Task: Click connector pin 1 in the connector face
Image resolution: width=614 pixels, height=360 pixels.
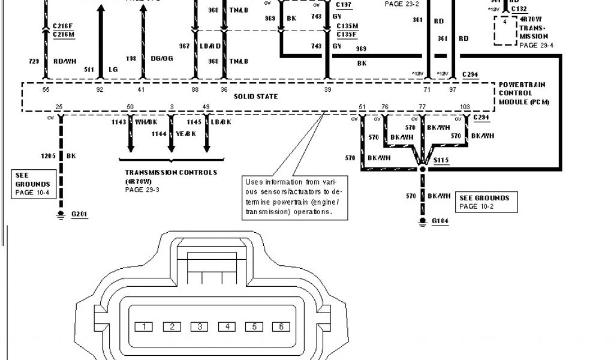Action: coord(144,327)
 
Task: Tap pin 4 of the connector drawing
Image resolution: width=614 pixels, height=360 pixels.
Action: coord(227,327)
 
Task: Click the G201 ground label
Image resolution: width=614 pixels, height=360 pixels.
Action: coord(79,213)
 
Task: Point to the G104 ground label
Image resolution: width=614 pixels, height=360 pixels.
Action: coord(441,221)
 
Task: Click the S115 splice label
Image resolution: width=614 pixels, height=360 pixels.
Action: coord(442,160)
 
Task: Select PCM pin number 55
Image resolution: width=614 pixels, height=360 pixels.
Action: coord(46,89)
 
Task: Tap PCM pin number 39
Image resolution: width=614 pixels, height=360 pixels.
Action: coord(327,89)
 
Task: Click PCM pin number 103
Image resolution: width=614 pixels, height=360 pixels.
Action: coord(464,106)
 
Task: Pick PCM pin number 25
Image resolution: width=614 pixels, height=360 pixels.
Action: coord(59,106)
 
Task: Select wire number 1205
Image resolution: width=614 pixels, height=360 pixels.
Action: coord(47,156)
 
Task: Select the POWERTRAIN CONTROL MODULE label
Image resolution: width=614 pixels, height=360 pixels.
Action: coord(523,94)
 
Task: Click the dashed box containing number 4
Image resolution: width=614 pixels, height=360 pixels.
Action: coord(505,31)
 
